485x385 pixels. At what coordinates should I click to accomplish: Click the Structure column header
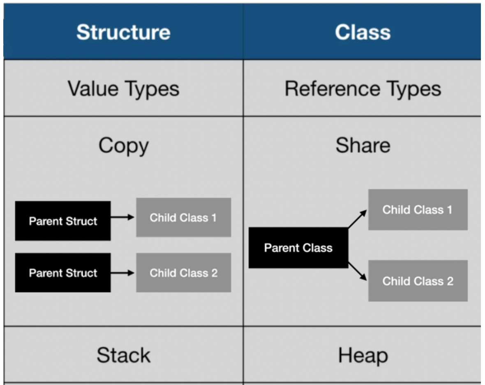click(123, 32)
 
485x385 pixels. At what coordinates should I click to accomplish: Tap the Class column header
click(363, 32)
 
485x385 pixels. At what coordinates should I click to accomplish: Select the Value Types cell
click(123, 88)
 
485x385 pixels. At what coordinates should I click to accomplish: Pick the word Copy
click(123, 146)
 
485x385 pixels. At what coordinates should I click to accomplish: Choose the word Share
click(363, 146)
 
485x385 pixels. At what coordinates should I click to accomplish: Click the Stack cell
click(123, 355)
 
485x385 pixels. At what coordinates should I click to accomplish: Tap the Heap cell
click(363, 355)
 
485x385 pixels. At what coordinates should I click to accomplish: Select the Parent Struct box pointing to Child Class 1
click(63, 221)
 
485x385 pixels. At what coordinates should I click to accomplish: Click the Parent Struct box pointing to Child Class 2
click(63, 273)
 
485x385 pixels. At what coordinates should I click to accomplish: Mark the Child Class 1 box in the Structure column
click(183, 218)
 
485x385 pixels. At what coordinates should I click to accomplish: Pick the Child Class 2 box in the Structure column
click(183, 273)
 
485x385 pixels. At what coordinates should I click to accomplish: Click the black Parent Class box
click(298, 248)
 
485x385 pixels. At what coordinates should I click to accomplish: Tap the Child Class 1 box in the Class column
click(418, 210)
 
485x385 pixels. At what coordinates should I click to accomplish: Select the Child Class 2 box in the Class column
click(418, 281)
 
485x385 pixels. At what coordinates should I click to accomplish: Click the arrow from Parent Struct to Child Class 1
click(122, 217)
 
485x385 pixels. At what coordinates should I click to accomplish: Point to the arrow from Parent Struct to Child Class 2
click(122, 272)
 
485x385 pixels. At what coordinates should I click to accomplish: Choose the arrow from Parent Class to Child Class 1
click(357, 219)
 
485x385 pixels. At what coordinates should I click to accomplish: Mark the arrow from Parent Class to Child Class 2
click(357, 271)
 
